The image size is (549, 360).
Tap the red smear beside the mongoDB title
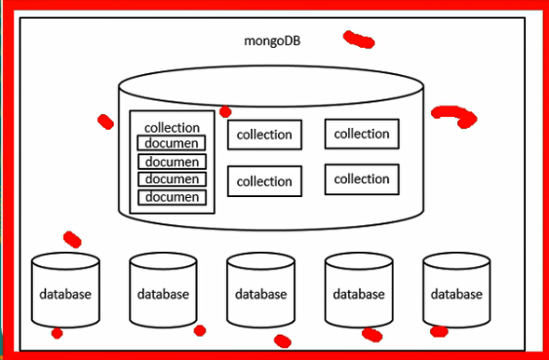[x=359, y=40]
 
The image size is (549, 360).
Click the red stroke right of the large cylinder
[x=454, y=116]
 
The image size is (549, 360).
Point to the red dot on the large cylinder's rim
[x=225, y=112]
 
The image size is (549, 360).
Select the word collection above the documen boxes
[x=172, y=128]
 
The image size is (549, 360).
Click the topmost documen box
[x=172, y=143]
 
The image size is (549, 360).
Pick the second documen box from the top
[x=172, y=162]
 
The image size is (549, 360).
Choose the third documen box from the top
[x=172, y=180]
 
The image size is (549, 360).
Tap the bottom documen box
[x=172, y=197]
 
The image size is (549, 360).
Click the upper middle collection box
[x=264, y=135]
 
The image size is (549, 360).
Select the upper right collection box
[x=362, y=134]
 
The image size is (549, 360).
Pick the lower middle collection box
[x=264, y=181]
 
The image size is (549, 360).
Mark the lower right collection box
[x=362, y=179]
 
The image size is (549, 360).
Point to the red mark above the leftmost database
[x=72, y=239]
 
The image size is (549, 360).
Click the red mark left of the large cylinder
[x=105, y=122]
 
